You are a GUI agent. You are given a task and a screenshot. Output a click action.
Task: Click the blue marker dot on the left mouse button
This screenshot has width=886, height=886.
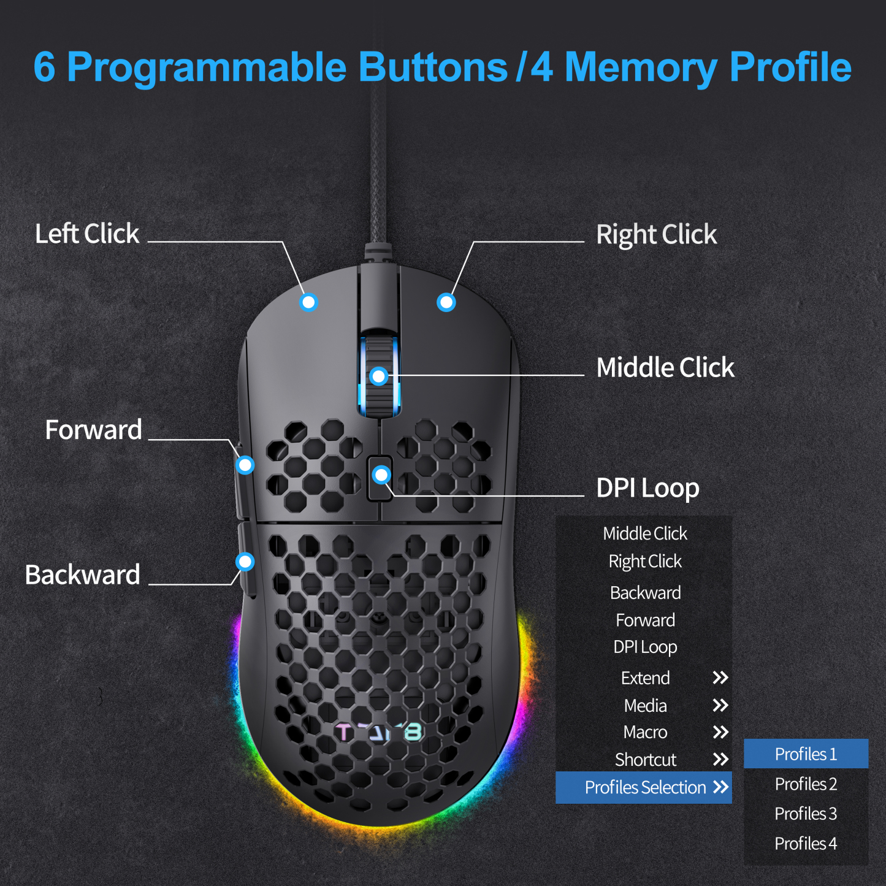(x=308, y=302)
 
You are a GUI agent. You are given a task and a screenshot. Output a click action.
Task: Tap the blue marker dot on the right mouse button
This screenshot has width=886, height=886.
(x=446, y=302)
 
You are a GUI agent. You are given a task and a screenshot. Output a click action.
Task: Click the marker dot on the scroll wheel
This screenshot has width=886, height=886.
(x=379, y=376)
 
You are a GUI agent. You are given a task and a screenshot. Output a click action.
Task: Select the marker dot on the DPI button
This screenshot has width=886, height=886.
(x=381, y=475)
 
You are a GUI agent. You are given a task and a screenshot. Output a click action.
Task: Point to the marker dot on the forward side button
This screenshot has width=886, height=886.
(x=245, y=465)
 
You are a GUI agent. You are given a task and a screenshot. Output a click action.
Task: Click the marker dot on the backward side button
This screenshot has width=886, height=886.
(x=245, y=561)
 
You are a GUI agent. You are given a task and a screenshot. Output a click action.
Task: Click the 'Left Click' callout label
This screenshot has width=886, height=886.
(x=87, y=234)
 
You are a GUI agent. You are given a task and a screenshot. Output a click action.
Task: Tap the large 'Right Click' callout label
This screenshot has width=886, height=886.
(x=656, y=235)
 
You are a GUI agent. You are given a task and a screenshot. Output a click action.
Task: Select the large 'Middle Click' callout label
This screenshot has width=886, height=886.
(x=665, y=368)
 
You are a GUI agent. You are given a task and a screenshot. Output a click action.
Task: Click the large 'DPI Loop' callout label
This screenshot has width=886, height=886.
(x=647, y=489)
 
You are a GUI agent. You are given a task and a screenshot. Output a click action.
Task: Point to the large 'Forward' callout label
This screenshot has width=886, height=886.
(x=94, y=430)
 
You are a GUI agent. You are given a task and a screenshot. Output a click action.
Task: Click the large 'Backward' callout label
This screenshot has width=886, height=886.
(x=83, y=575)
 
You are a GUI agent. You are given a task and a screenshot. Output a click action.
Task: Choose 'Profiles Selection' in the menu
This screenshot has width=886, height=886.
(x=645, y=787)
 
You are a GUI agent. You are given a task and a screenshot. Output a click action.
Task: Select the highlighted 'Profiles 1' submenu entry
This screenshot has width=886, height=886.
(x=806, y=754)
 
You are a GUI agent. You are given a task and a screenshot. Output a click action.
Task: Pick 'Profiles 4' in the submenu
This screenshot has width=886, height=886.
(x=806, y=844)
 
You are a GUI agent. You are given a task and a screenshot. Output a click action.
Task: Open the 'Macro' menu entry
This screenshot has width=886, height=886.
(x=645, y=732)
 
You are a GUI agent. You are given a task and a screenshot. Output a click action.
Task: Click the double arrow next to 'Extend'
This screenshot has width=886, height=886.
(x=720, y=678)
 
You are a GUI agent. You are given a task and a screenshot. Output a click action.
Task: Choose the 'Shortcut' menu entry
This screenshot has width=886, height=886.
(x=646, y=760)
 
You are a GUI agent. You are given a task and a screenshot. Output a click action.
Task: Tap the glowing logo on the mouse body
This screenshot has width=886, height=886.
(x=379, y=732)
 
